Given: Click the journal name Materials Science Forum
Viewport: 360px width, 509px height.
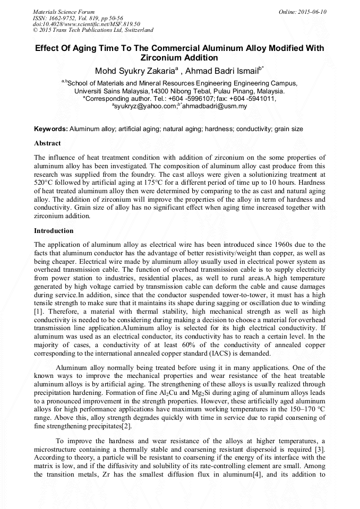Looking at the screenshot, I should click(x=64, y=12).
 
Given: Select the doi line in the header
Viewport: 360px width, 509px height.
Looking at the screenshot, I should click(x=87, y=24).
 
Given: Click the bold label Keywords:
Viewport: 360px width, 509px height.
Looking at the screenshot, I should click(x=51, y=129).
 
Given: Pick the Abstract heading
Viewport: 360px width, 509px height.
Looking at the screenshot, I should click(x=47, y=143).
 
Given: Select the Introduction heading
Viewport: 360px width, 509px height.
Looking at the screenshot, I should click(x=54, y=231).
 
